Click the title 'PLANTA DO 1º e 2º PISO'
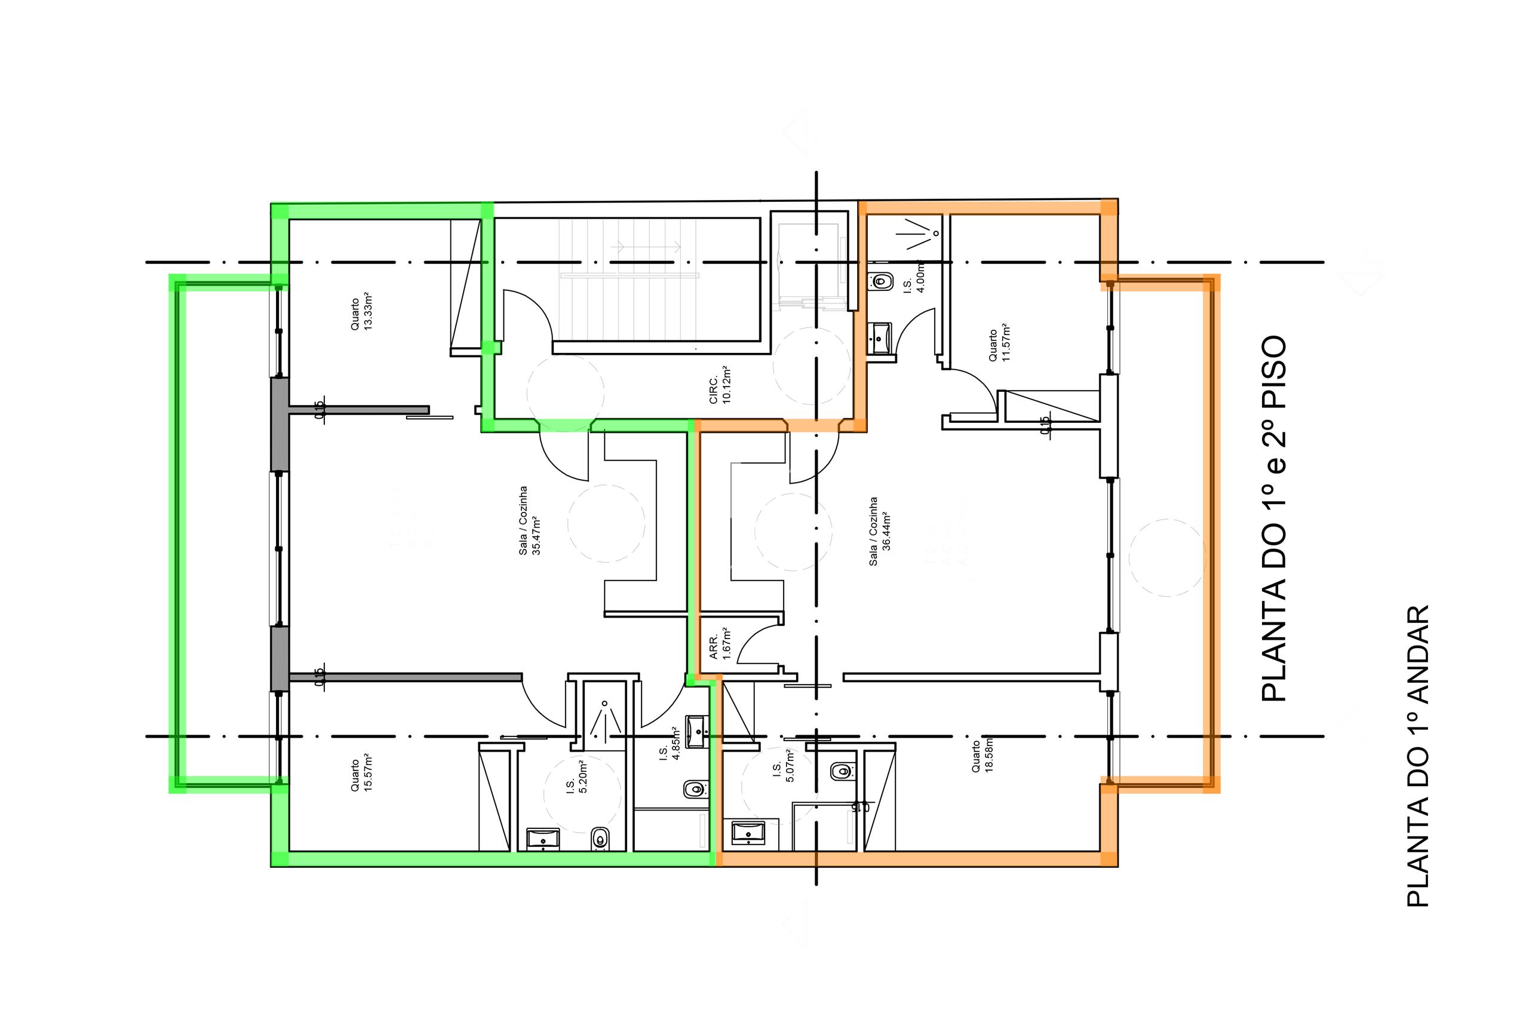[x=1273, y=518]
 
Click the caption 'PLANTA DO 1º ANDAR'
[x=1418, y=756]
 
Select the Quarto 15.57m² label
[x=361, y=775]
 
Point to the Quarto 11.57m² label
[x=999, y=343]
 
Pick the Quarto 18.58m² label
[x=982, y=755]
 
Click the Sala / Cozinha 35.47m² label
[x=530, y=520]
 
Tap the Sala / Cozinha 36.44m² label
[x=880, y=531]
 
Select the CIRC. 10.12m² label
[x=720, y=385]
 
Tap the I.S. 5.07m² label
[x=783, y=765]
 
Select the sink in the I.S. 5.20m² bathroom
[x=542, y=839]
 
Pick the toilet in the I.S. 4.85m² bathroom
[x=695, y=790]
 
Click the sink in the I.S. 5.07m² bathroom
[x=747, y=833]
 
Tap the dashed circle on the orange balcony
[x=1167, y=558]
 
